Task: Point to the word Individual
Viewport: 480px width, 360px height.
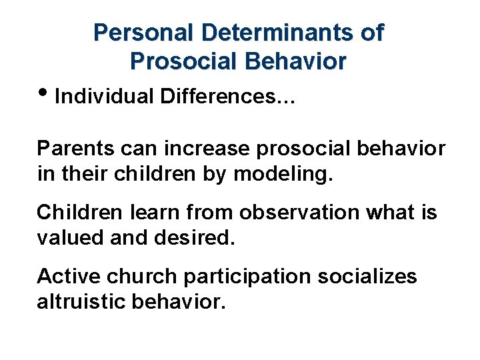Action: click(105, 97)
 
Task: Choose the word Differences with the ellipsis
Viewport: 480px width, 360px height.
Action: click(228, 97)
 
